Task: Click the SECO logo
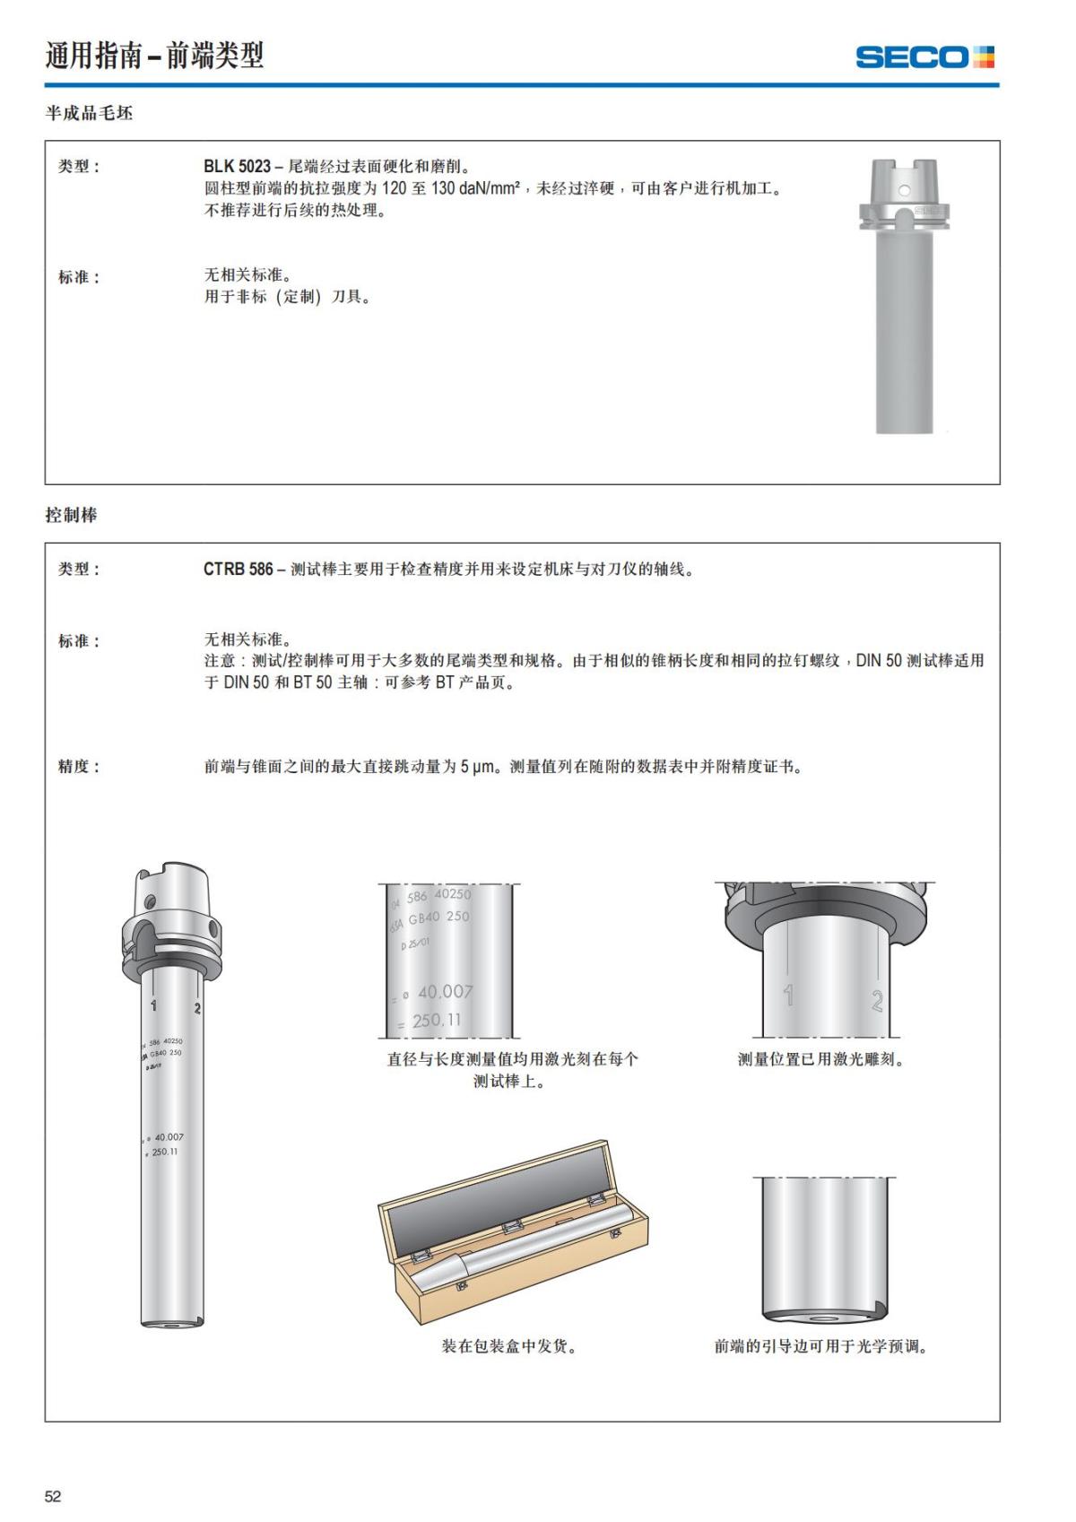tap(924, 57)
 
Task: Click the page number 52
tap(53, 1496)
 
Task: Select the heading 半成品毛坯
tap(89, 113)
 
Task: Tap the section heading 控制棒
tap(71, 515)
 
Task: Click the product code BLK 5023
tap(237, 166)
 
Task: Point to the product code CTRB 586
tap(238, 569)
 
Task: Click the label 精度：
tap(79, 766)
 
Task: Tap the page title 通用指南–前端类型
tap(154, 56)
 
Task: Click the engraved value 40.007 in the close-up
tap(445, 992)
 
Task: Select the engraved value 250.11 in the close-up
tap(437, 1021)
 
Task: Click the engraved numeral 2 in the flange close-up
tap(877, 1000)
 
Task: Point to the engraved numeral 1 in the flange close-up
tap(788, 994)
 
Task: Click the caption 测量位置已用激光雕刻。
tap(821, 1059)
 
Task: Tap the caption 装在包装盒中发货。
tap(508, 1346)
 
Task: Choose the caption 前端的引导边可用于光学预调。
tap(820, 1346)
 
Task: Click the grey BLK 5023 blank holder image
tap(904, 296)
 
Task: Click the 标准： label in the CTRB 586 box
tap(79, 641)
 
